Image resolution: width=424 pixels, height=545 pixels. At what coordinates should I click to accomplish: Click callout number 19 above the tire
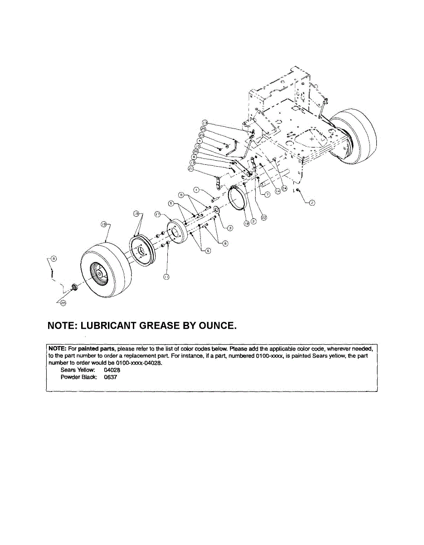103,224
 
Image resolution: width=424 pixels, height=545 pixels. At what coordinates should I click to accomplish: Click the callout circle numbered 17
158,213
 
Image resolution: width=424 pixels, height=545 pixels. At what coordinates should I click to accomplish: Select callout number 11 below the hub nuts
166,277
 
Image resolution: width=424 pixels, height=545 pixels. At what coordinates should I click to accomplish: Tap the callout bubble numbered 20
63,303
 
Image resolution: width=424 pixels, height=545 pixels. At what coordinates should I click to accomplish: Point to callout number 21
191,169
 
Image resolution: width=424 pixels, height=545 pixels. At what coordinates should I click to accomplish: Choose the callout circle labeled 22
264,217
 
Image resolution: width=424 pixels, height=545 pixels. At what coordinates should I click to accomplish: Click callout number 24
284,187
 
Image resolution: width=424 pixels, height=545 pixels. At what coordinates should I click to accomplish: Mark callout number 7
268,194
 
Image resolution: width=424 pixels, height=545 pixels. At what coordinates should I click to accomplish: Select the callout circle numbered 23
201,135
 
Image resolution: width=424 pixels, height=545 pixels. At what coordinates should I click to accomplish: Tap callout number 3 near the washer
230,228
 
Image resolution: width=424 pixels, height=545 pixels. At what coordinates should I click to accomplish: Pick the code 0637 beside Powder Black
111,377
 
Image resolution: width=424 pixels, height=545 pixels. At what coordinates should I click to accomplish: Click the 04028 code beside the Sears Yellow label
112,370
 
